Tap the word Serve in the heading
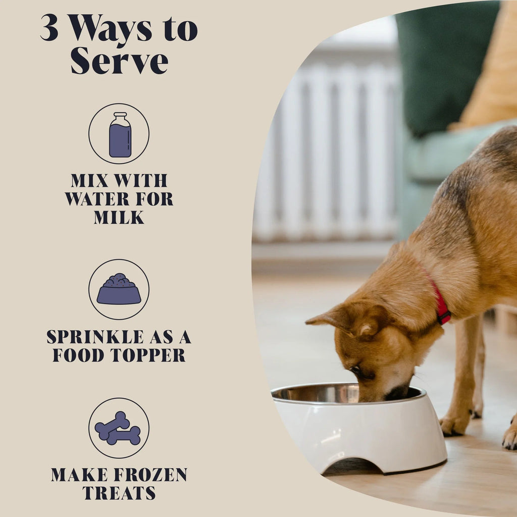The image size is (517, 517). [x=119, y=62]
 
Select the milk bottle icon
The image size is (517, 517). [x=120, y=134]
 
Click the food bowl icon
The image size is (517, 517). [x=119, y=290]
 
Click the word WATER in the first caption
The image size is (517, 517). [x=96, y=199]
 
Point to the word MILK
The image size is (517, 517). [x=119, y=218]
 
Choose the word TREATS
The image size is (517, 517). [x=119, y=493]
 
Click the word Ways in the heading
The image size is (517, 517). [x=110, y=29]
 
